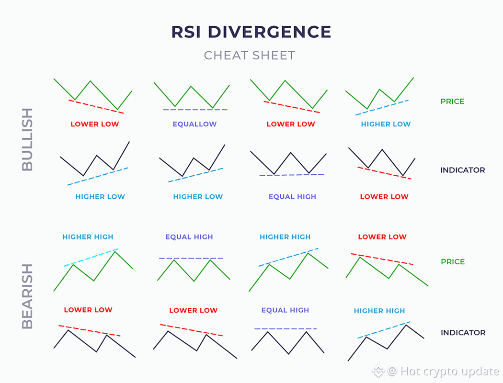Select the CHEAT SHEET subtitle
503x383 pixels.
tap(250, 56)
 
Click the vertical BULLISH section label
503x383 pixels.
tap(28, 139)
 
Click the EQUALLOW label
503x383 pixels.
tap(194, 124)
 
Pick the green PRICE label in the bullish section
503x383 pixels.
tap(452, 101)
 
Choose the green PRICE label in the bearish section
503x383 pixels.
tap(453, 262)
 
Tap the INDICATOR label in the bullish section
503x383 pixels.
tap(462, 170)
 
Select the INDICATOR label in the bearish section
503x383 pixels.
tap(463, 333)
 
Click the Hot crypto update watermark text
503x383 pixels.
tap(449, 371)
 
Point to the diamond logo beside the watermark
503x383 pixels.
tap(379, 371)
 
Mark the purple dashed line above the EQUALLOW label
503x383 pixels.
tap(194, 110)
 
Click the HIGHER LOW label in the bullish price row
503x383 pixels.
tap(386, 124)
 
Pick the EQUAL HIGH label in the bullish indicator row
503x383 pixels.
tap(292, 196)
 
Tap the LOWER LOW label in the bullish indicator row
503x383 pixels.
tap(384, 196)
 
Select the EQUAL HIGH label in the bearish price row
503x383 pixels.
tap(189, 237)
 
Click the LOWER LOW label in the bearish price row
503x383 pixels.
tap(382, 237)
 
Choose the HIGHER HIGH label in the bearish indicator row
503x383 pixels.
tap(379, 311)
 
